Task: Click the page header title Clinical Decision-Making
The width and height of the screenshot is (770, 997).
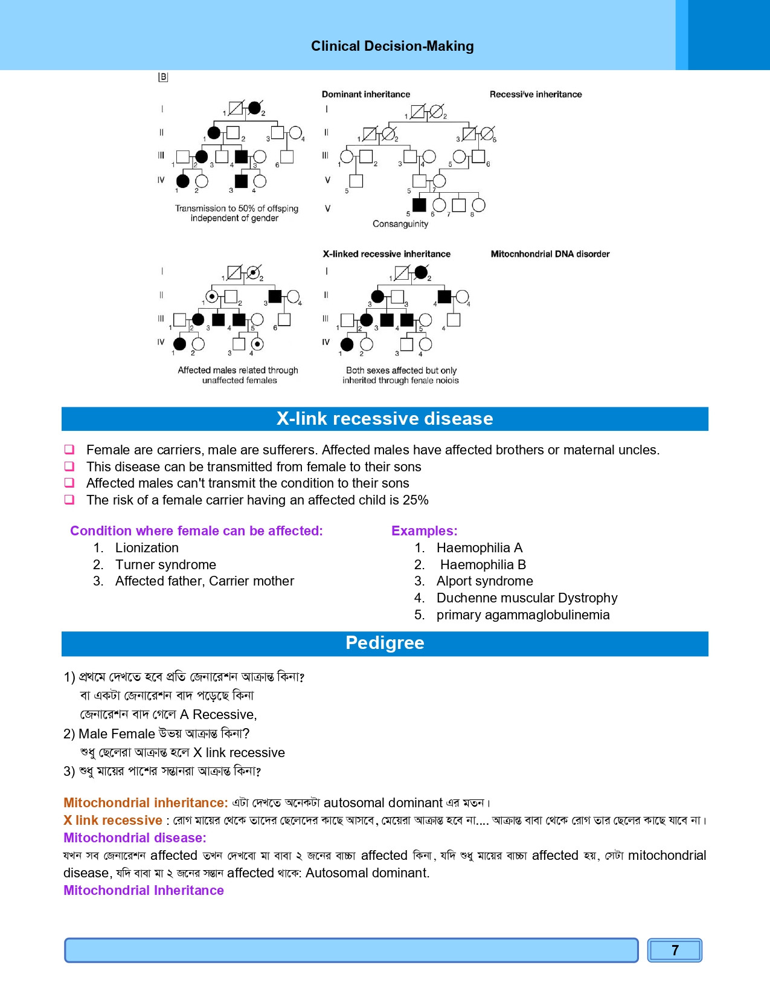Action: [392, 46]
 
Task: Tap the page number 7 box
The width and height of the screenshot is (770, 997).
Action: [675, 950]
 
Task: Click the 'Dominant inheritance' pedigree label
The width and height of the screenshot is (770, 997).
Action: [365, 94]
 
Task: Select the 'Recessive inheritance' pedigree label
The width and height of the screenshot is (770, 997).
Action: [535, 94]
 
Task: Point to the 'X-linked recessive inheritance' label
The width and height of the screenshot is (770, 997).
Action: [386, 254]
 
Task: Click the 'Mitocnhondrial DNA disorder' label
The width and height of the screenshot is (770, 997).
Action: [550, 254]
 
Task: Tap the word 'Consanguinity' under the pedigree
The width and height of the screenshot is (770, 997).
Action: [400, 224]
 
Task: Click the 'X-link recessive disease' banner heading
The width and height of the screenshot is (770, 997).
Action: [385, 419]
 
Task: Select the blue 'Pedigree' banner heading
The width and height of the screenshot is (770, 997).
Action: [385, 643]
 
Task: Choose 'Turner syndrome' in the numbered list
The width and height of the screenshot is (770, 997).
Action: [165, 564]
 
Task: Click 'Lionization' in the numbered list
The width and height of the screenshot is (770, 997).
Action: [147, 547]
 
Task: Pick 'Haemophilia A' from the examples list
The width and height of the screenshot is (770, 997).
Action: [479, 547]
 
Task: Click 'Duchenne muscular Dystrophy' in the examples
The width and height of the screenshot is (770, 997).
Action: [527, 598]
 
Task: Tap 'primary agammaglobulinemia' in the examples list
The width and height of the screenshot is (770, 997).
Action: [522, 615]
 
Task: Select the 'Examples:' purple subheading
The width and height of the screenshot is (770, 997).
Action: [424, 531]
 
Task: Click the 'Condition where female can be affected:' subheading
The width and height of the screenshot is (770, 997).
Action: [196, 531]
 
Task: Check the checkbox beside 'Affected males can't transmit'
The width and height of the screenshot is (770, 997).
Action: [70, 483]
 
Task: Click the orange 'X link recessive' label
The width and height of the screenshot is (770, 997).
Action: [113, 820]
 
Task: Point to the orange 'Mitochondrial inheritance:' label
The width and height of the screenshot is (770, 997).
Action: [146, 802]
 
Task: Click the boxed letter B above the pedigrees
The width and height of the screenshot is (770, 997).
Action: [163, 77]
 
